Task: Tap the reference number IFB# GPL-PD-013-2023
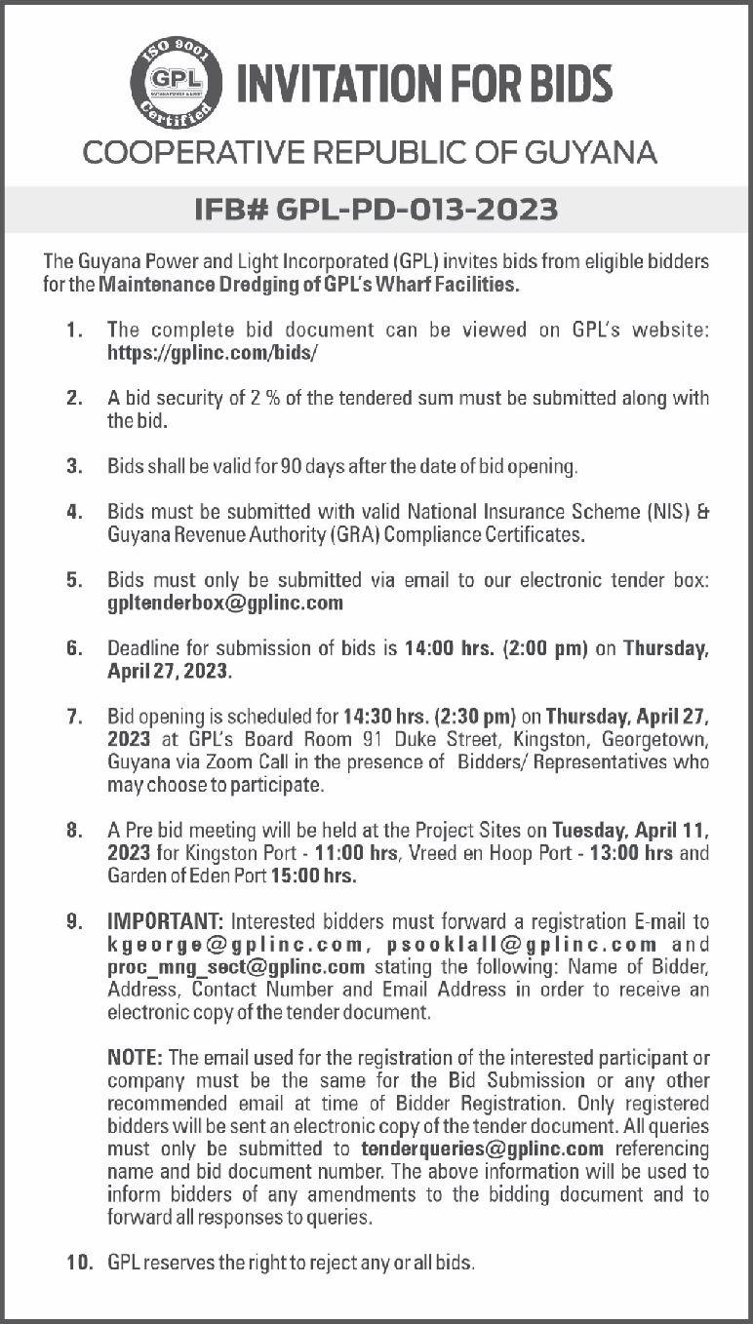[x=376, y=209]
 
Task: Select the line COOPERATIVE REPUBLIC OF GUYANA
[x=370, y=152]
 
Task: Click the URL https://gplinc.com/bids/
[x=213, y=353]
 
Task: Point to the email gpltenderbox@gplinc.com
[x=225, y=603]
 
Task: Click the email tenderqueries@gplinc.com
[x=483, y=1149]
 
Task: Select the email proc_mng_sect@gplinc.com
[x=236, y=967]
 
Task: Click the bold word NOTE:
[x=137, y=1058]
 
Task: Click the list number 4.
[x=73, y=511]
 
